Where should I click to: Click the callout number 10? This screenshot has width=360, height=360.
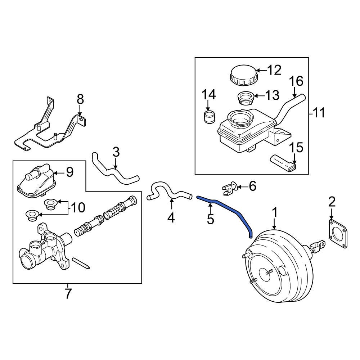pos(78,207)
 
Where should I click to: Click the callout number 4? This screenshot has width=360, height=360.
pos(171,218)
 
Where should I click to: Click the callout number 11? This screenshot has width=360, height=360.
pos(318,113)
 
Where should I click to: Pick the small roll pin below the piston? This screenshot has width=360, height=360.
pos(81,263)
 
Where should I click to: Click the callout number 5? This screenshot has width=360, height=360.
pos(211,219)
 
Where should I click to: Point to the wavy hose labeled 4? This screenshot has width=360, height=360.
pos(167,193)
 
